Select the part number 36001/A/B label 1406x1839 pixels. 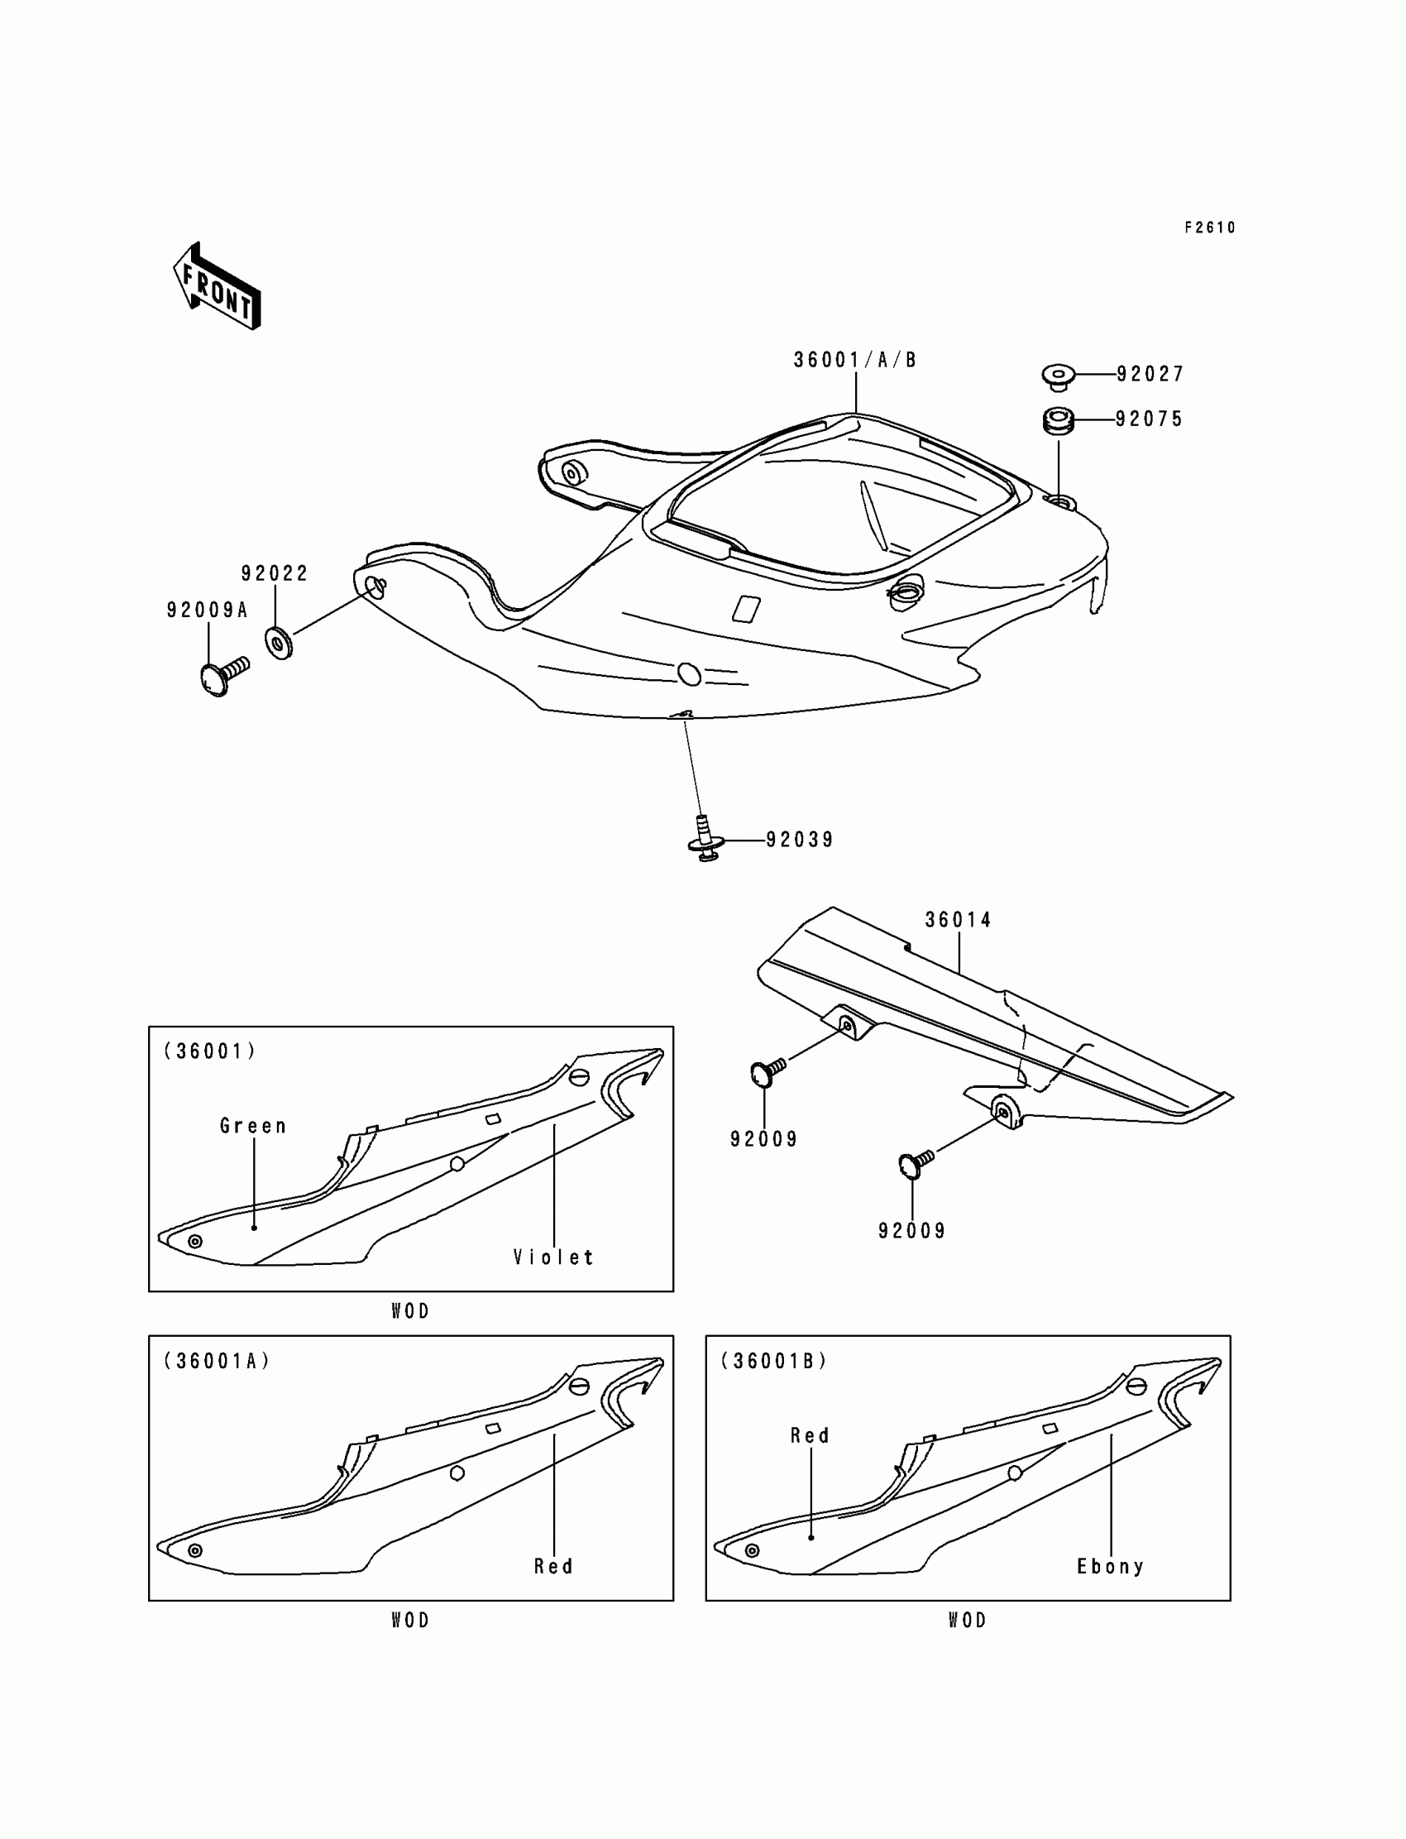point(854,361)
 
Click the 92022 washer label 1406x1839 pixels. point(275,573)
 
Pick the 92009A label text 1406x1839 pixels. point(208,611)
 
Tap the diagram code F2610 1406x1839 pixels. point(1209,227)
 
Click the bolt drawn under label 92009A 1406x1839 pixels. point(222,675)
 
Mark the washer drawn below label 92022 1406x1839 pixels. point(279,642)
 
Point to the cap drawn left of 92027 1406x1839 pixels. point(1059,376)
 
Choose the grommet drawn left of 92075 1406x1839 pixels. point(1059,419)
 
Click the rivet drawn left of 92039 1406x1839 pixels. point(705,840)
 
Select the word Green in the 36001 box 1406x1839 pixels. point(253,1127)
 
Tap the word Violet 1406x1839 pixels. point(553,1257)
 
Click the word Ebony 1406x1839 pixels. point(1110,1567)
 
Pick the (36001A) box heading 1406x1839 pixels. point(217,1362)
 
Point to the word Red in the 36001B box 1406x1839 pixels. point(810,1436)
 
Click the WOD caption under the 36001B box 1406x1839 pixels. point(968,1621)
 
